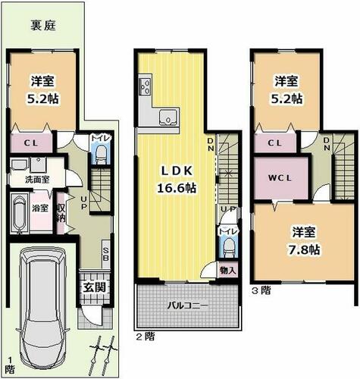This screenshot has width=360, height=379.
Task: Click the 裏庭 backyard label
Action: pyautogui.click(x=43, y=26)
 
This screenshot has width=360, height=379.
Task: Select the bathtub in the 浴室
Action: pyautogui.click(x=20, y=213)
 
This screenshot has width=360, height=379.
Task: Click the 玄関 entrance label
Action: pyautogui.click(x=95, y=287)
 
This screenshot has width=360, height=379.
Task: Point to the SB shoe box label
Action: pyautogui.click(x=106, y=254)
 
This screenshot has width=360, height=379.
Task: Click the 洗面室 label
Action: pyautogui.click(x=37, y=180)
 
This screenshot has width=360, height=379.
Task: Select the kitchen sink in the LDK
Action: pyautogui.click(x=169, y=117)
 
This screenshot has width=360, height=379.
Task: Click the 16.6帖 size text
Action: pyautogui.click(x=177, y=188)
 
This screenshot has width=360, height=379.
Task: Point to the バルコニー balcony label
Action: pyautogui.click(x=188, y=305)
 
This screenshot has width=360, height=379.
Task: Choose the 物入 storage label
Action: pyautogui.click(x=228, y=271)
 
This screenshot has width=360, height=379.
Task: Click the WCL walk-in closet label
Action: pyautogui.click(x=280, y=178)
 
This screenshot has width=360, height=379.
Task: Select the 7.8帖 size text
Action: pyautogui.click(x=304, y=250)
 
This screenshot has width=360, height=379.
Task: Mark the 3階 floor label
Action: pyautogui.click(x=261, y=290)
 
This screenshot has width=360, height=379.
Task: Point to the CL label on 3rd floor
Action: pyautogui.click(x=274, y=143)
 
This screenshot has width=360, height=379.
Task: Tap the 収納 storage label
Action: pyautogui.click(x=61, y=212)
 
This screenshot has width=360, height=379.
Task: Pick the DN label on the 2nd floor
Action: pyautogui.click(x=211, y=144)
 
